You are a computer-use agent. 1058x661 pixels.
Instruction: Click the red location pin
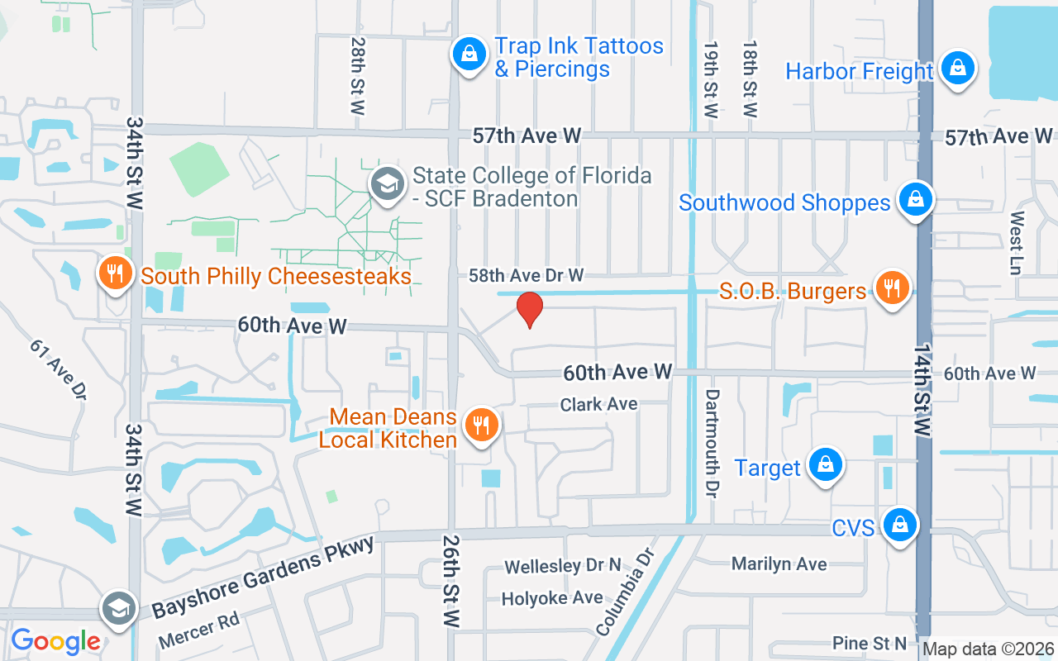pyautogui.click(x=529, y=310)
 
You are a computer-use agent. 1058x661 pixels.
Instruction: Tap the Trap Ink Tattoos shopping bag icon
pyautogui.click(x=469, y=55)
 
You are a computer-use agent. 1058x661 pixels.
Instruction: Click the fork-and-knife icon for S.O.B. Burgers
pyautogui.click(x=891, y=288)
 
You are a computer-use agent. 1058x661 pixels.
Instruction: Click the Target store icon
pyautogui.click(x=825, y=464)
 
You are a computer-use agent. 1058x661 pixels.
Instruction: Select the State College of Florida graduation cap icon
pyautogui.click(x=386, y=183)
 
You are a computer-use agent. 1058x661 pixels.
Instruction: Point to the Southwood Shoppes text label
pyautogui.click(x=784, y=202)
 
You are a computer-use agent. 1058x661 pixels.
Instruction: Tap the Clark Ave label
pyautogui.click(x=598, y=404)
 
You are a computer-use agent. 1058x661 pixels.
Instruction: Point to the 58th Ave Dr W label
pyautogui.click(x=526, y=274)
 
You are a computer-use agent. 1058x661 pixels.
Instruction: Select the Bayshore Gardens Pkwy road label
pyautogui.click(x=263, y=577)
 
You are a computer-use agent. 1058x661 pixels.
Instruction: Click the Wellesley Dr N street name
pyautogui.click(x=562, y=567)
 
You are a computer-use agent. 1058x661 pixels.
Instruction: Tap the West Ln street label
pyautogui.click(x=1017, y=242)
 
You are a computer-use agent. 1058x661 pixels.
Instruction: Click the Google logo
pyautogui.click(x=55, y=640)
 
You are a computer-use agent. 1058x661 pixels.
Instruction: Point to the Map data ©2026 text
pyautogui.click(x=988, y=649)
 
